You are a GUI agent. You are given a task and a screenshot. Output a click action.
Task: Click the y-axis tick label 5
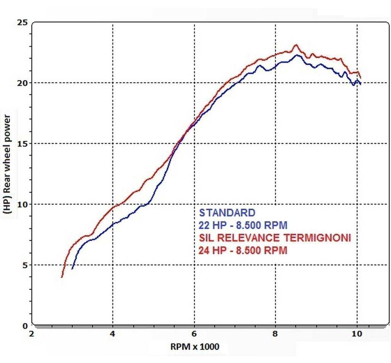click(25, 265)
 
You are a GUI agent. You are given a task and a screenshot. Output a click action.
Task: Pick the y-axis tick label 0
click(25, 326)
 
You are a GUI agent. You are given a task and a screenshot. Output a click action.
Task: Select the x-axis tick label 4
click(113, 334)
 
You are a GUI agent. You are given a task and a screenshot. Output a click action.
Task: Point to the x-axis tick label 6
click(194, 334)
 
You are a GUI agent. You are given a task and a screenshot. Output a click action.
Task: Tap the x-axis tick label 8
click(276, 334)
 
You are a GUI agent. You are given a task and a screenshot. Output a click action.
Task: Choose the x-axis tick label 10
click(357, 334)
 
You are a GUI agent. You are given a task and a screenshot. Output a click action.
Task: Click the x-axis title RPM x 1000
click(194, 347)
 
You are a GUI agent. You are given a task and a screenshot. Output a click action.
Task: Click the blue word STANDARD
click(227, 213)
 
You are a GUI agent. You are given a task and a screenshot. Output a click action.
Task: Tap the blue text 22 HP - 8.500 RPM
click(243, 225)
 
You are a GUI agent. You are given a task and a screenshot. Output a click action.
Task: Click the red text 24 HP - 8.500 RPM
click(243, 251)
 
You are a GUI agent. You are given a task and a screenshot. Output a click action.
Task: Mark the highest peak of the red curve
click(295, 45)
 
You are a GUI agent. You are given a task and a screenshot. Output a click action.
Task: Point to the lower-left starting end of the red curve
click(61, 277)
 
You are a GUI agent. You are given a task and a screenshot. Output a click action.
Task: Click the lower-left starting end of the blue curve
click(72, 269)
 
